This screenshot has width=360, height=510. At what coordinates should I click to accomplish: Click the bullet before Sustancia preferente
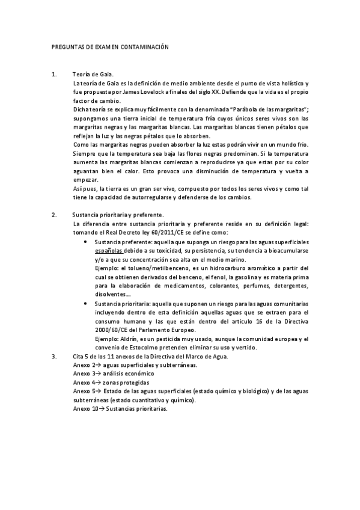point(87,241)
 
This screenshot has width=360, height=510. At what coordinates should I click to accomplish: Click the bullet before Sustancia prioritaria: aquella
point(87,305)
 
